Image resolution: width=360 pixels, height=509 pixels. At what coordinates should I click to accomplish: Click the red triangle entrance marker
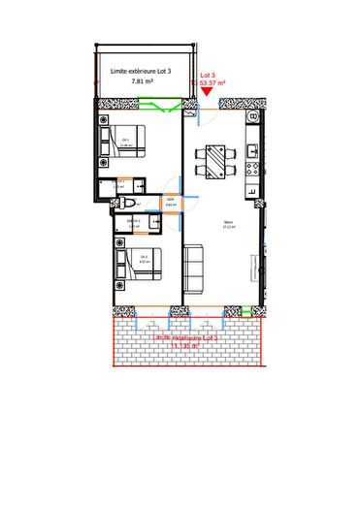coord(206,90)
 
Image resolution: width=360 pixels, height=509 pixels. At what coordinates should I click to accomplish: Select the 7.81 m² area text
coord(143,83)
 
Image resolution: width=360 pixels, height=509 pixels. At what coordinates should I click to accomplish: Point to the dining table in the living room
coord(213,160)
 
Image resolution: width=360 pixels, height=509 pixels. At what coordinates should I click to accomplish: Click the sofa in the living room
coord(194,268)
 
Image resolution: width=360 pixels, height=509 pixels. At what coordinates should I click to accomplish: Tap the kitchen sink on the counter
coord(253,151)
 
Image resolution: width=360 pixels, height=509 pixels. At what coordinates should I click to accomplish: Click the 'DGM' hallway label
coord(170,201)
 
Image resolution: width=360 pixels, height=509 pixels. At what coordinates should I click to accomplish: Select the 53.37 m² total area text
coord(211,83)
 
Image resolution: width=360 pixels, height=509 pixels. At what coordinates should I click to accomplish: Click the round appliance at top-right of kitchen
coord(253,116)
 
